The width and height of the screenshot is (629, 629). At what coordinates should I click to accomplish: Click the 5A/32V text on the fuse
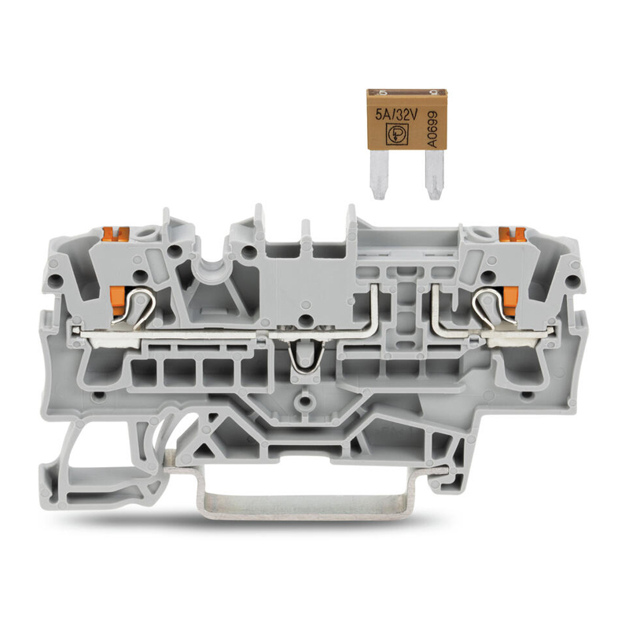click(396, 116)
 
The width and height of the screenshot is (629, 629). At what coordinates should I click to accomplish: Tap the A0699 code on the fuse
click(432, 130)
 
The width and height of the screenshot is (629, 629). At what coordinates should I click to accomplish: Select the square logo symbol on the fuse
click(396, 134)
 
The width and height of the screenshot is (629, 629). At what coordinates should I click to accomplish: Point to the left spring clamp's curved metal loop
click(135, 307)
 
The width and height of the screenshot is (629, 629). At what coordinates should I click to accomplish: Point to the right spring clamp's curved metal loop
click(493, 307)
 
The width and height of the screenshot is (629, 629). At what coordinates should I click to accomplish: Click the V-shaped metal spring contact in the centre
click(306, 355)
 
